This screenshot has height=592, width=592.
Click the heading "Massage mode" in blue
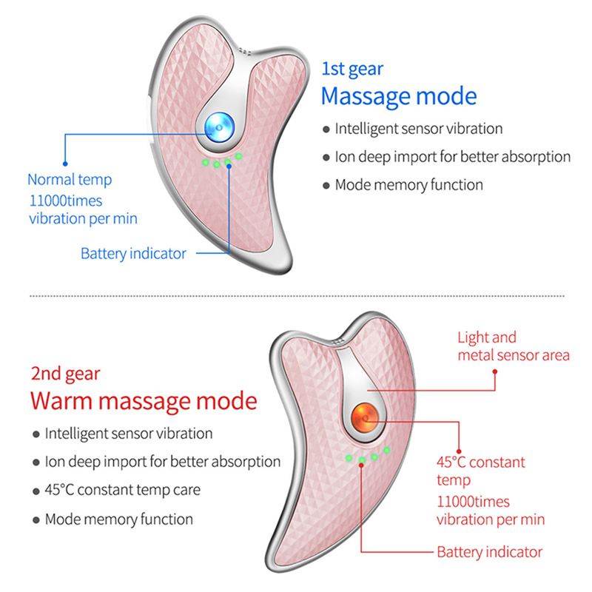coord(398,96)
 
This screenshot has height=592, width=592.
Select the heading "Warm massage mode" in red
coord(144,400)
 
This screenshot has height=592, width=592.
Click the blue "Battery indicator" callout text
coord(133,254)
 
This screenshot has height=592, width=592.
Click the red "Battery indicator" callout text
coord(489,552)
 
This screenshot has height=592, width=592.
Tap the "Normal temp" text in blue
coord(70,179)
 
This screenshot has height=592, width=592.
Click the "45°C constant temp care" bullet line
coord(122,490)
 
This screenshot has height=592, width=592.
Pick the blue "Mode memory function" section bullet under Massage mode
coord(408,185)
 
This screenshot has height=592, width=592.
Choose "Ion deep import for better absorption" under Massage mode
coord(452,157)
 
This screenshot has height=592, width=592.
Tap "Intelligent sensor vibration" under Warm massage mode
coord(129,434)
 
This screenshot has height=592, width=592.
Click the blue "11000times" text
coord(66,200)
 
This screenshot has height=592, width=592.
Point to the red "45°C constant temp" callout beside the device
coord(481,471)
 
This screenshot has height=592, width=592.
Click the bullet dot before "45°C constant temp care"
coord(36,491)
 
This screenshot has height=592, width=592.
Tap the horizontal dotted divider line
coord(296,295)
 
